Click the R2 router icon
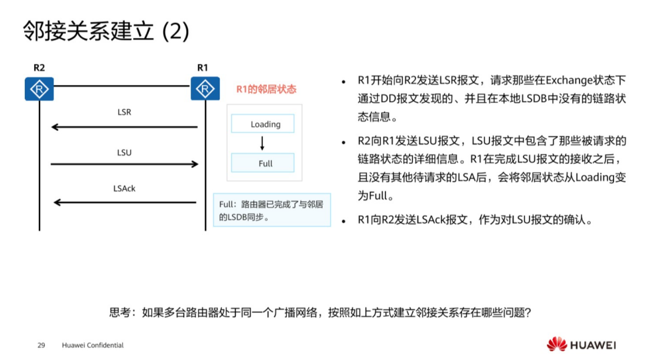point(39,89)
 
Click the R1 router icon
point(205,89)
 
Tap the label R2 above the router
point(39,68)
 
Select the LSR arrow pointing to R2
point(124,127)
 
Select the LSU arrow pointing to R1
point(124,164)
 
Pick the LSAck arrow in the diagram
point(124,202)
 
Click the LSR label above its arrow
point(124,112)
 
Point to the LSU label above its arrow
point(124,152)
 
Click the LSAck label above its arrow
point(124,189)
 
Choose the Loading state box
point(262,124)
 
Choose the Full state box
point(262,163)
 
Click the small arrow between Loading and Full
point(262,144)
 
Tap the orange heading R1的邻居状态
point(266,89)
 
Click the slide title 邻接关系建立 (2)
point(106,31)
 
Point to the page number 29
point(41,345)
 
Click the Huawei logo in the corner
point(581,344)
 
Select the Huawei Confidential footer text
point(93,345)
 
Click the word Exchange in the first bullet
point(566,80)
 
